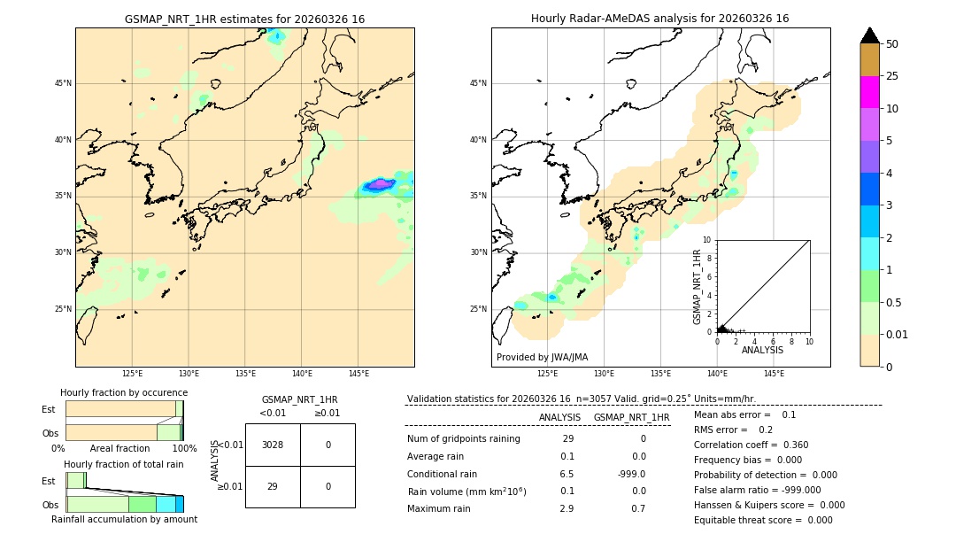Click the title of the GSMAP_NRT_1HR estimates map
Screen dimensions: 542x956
tap(244, 19)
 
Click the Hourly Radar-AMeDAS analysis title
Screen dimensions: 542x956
tap(659, 19)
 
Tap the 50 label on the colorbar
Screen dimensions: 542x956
tap(892, 44)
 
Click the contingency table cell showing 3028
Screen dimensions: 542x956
tap(273, 445)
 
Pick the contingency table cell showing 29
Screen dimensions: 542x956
tap(273, 486)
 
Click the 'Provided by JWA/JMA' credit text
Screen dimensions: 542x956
tap(542, 357)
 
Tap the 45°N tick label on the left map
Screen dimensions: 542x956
tap(63, 83)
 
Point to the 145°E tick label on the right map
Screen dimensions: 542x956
tap(774, 374)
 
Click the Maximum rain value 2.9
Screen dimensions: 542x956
tap(567, 508)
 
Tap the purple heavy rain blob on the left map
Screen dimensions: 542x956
tap(380, 184)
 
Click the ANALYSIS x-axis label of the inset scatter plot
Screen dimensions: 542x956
tap(762, 350)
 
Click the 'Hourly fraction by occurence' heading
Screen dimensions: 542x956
tap(124, 392)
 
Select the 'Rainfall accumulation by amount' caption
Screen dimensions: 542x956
tap(124, 519)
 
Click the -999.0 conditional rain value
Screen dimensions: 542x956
tap(631, 474)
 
